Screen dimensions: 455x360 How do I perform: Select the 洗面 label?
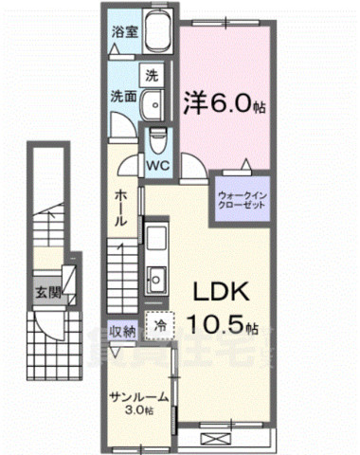[x=119, y=95]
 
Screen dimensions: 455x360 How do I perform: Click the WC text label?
[x=158, y=163]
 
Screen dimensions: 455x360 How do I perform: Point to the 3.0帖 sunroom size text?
[x=138, y=412]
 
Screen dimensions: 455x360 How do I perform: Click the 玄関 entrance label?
[x=47, y=291]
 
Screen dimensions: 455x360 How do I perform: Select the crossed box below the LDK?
[x=216, y=439]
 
